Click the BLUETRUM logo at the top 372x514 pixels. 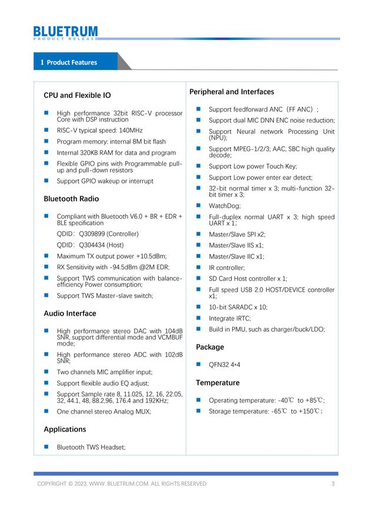click(x=65, y=32)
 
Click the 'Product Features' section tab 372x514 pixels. click(x=72, y=62)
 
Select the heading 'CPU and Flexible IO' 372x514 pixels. click(x=77, y=95)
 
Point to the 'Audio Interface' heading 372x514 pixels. click(x=70, y=313)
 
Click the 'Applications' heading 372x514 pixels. click(x=65, y=429)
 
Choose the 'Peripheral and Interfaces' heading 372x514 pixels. click(x=232, y=92)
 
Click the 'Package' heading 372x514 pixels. click(x=210, y=347)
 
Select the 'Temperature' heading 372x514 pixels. click(x=217, y=383)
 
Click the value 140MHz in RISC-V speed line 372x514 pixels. click(x=129, y=130)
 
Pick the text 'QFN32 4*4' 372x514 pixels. click(x=224, y=364)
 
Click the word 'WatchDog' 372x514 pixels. click(x=224, y=206)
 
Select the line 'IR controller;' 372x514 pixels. click(x=227, y=268)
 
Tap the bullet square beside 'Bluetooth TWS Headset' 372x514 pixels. click(x=46, y=447)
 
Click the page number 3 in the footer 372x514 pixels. click(x=333, y=483)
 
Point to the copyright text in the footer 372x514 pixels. click(x=122, y=483)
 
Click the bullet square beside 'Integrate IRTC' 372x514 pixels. click(x=199, y=318)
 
